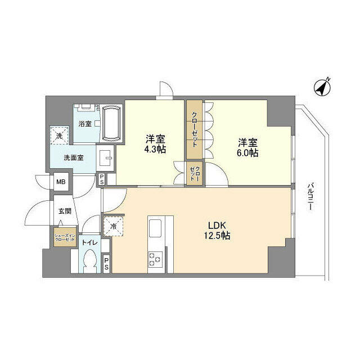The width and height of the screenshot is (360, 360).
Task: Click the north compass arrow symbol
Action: click(x=322, y=88)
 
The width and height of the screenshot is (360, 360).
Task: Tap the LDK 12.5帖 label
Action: click(x=217, y=231)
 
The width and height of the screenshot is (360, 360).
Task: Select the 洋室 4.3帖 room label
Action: click(x=155, y=144)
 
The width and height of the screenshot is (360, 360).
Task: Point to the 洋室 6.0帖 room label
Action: click(x=247, y=147)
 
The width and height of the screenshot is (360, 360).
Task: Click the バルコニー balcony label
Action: click(x=310, y=196)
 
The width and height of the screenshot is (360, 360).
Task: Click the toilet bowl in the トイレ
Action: click(x=90, y=261)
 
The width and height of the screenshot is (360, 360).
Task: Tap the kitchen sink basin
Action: click(x=155, y=228)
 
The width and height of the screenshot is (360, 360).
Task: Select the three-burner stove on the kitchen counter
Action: click(x=155, y=259)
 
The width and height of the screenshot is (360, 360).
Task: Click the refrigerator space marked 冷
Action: click(x=114, y=226)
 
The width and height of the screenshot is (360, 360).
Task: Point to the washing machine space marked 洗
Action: click(x=60, y=136)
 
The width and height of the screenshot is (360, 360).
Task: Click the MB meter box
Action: click(x=61, y=182)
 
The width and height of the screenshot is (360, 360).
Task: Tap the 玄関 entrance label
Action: click(x=65, y=211)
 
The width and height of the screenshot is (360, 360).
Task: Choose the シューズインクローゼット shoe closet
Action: click(x=65, y=237)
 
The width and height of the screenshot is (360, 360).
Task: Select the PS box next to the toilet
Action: click(x=106, y=264)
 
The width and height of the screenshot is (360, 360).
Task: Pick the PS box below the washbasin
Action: click(x=102, y=179)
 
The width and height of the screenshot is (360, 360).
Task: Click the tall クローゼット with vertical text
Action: click(x=195, y=129)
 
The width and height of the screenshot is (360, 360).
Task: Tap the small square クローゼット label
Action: click(x=195, y=173)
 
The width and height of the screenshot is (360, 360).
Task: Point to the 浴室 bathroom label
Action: click(x=85, y=124)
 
